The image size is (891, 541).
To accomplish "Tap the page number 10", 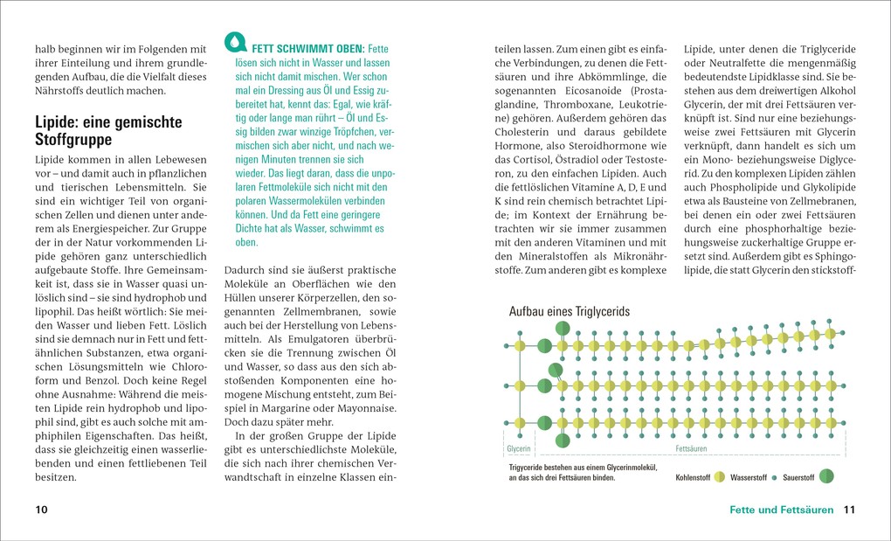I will [42, 510].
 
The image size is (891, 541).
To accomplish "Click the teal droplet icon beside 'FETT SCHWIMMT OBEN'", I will [236, 42].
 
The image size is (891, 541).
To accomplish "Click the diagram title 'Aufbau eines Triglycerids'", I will [569, 312].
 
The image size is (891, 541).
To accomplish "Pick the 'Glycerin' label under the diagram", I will [519, 448].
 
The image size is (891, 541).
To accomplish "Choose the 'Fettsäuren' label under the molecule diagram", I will [692, 448].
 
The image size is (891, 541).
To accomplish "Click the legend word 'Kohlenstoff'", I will [693, 477].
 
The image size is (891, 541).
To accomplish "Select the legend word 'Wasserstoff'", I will [748, 477].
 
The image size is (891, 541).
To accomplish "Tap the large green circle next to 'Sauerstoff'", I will [826, 476].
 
